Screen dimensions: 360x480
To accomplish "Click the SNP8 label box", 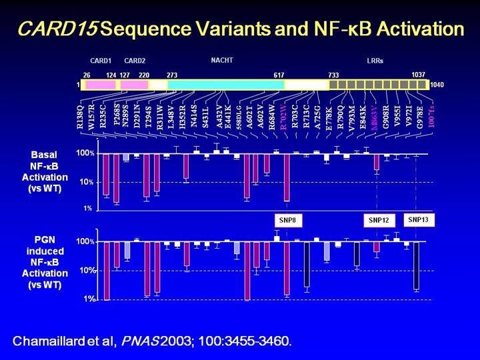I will (x=287, y=220).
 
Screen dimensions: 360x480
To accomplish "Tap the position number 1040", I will (x=437, y=85).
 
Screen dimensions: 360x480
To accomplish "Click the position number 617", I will (x=279, y=75).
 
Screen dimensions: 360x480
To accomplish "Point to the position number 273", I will (x=172, y=75).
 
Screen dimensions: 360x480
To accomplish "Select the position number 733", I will (x=333, y=75).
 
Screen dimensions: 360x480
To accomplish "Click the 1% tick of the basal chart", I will (x=88, y=209).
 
